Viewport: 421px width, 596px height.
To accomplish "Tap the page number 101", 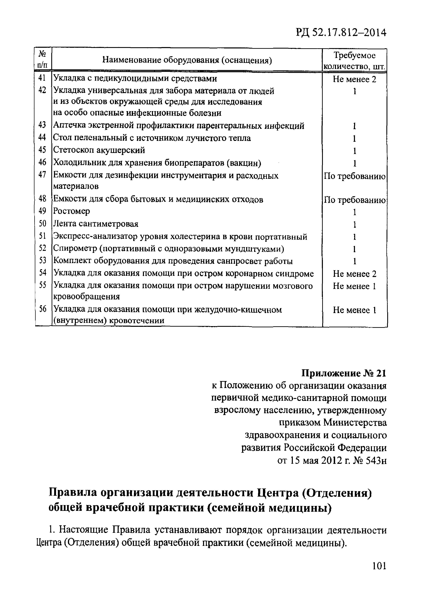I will pyautogui.click(x=379, y=573).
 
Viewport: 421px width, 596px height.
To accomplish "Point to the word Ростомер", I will pyautogui.click(x=71, y=211).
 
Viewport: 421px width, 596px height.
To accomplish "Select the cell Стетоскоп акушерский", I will pyautogui.click(x=99, y=150).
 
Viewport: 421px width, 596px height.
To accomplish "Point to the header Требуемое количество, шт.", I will pyautogui.click(x=355, y=61).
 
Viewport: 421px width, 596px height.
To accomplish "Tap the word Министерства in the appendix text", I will pyautogui.click(x=355, y=423).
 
